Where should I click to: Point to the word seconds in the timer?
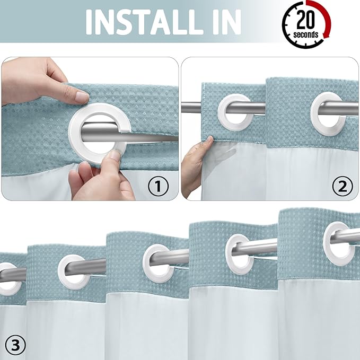(306, 35)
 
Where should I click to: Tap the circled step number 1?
(157, 186)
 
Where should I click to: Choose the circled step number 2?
(342, 186)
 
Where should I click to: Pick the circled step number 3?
(15, 346)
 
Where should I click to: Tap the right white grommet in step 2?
(327, 110)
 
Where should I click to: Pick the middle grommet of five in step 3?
(159, 262)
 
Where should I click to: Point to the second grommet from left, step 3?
(73, 272)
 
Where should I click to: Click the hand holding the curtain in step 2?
(195, 164)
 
